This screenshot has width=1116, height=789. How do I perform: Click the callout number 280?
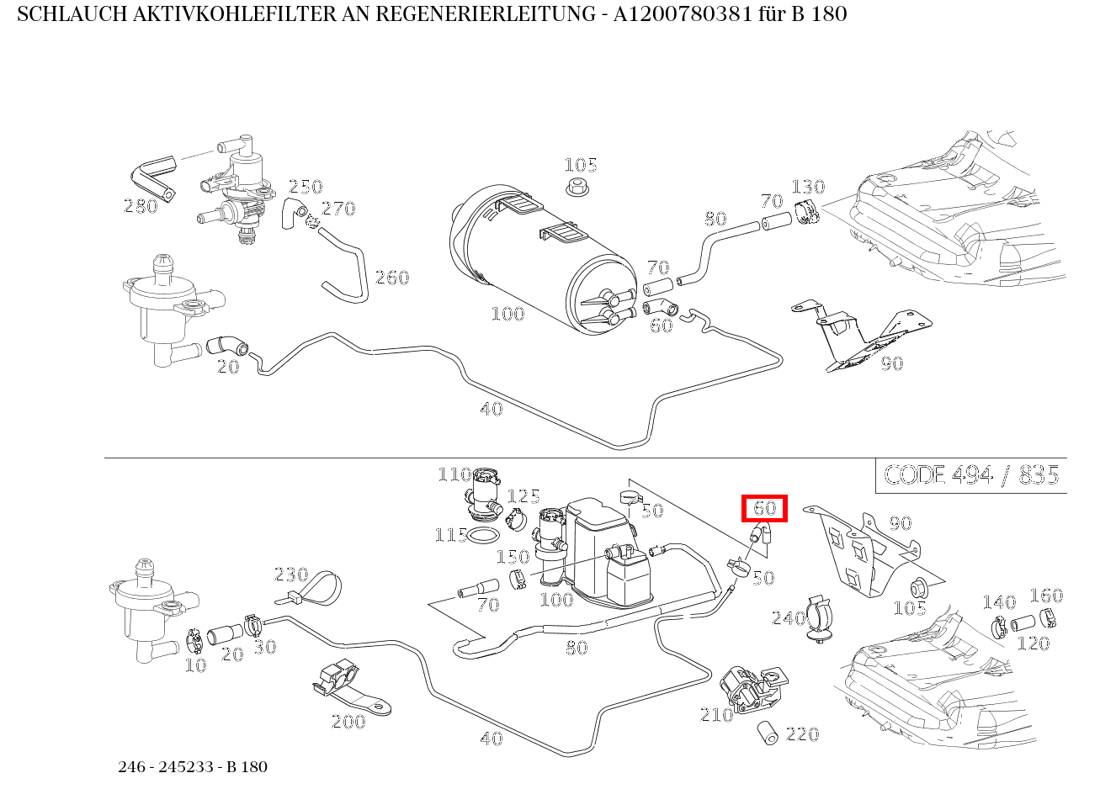point(141,206)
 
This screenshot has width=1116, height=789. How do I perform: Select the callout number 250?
point(306,187)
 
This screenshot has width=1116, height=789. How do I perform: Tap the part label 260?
point(391,278)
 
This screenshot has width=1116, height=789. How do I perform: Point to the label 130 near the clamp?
point(808,187)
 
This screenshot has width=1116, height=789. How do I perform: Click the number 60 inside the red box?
point(764,509)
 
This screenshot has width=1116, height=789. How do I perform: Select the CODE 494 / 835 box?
point(971,475)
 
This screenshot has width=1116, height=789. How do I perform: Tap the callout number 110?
point(454,475)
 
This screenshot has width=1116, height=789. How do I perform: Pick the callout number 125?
point(523,496)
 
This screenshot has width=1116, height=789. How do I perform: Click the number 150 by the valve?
point(513,557)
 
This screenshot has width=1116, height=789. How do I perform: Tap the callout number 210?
point(716,715)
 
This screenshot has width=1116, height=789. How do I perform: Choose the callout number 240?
point(789,619)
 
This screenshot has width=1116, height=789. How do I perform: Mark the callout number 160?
point(1046,596)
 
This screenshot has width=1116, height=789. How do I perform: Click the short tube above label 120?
point(1023,624)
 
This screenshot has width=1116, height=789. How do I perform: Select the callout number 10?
point(195,665)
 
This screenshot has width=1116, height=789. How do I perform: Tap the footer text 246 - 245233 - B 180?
point(193,766)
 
